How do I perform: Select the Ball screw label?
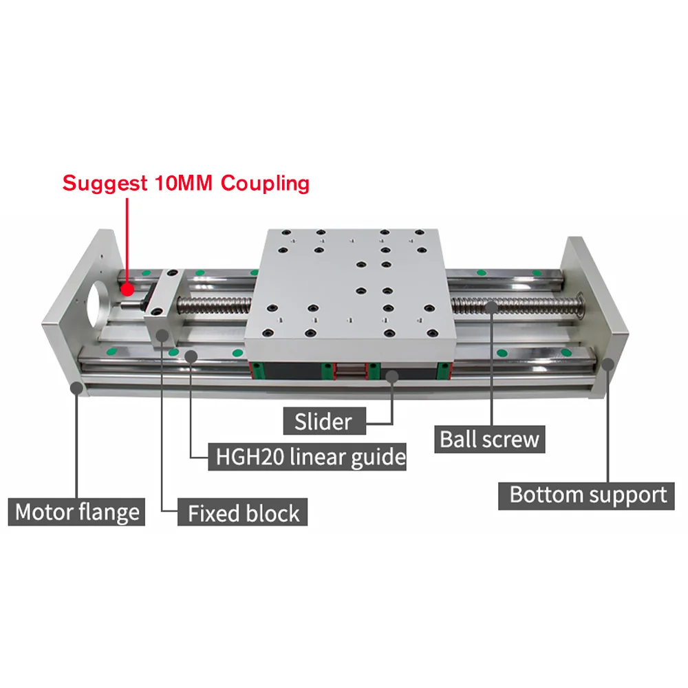(x=490, y=439)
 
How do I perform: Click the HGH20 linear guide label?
(x=307, y=456)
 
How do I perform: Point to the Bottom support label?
(x=588, y=495)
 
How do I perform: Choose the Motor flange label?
(x=77, y=513)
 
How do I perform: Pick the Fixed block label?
(x=244, y=513)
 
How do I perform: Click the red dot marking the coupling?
(x=127, y=290)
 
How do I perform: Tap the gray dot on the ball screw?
(x=491, y=308)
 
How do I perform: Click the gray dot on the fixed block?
(x=162, y=335)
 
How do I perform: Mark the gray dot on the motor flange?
(x=77, y=387)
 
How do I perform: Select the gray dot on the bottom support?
(x=609, y=365)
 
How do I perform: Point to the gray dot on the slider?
(x=392, y=376)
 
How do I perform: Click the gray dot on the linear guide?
(x=191, y=356)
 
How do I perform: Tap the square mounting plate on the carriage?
(x=351, y=286)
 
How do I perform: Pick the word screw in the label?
(x=515, y=439)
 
